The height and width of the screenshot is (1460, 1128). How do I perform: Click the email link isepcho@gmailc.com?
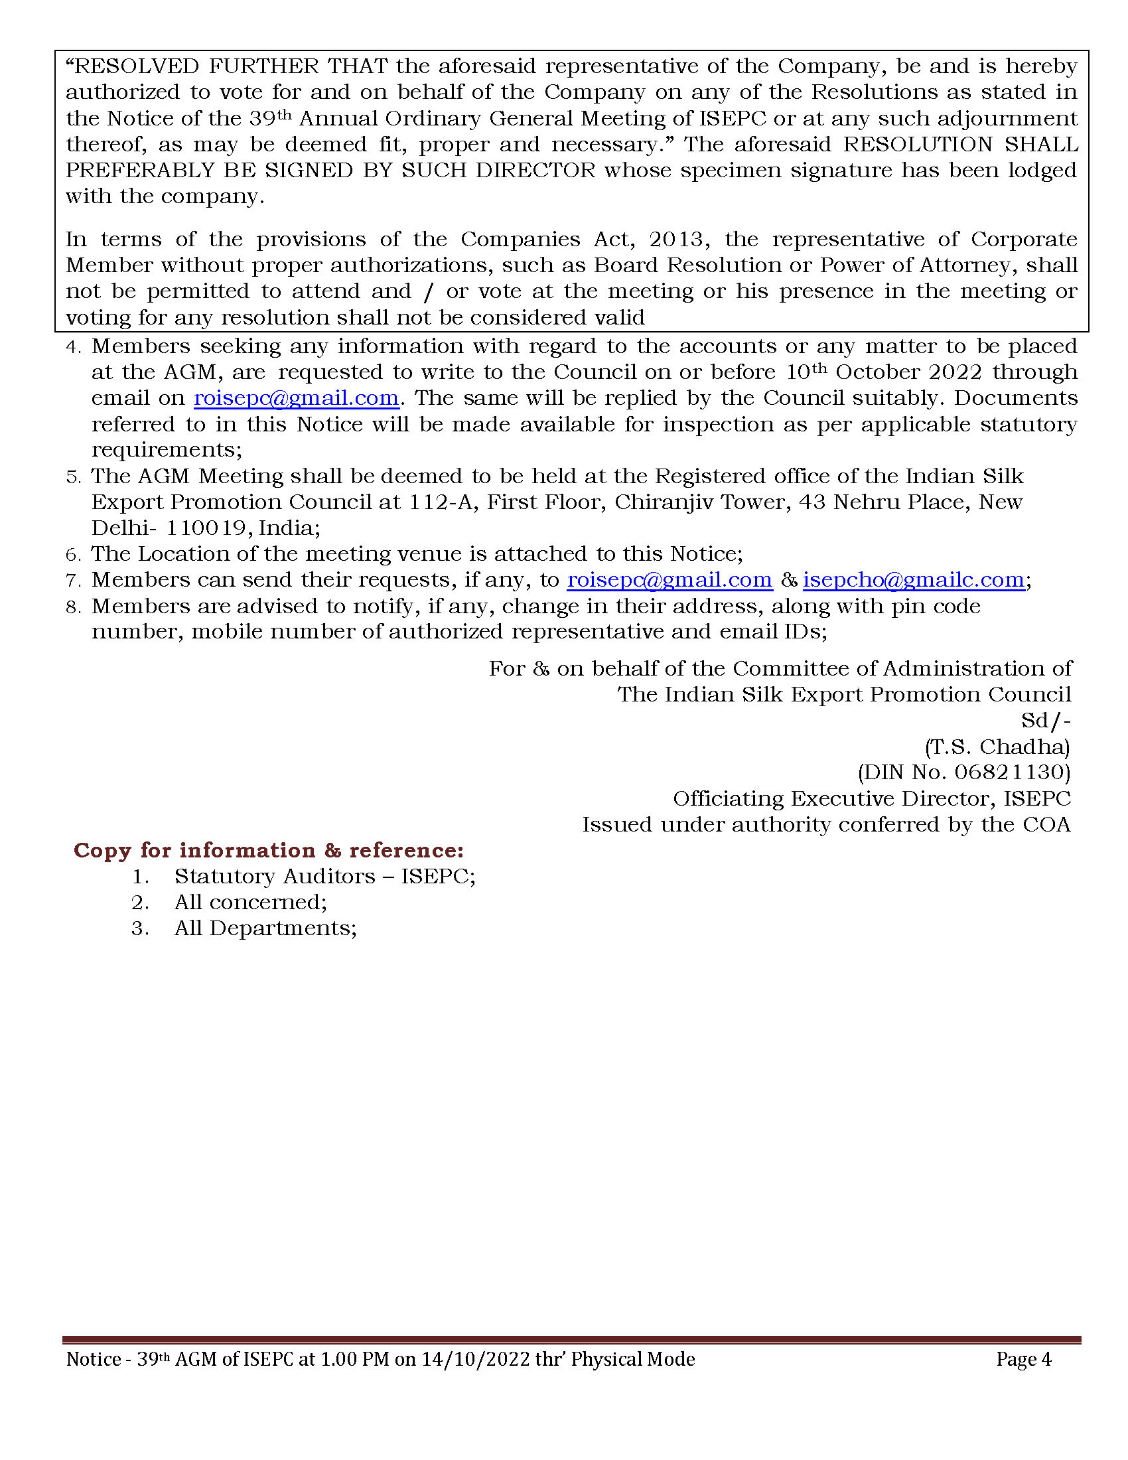pyautogui.click(x=913, y=579)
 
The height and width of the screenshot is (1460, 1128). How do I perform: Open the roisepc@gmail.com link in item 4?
pyautogui.click(x=296, y=398)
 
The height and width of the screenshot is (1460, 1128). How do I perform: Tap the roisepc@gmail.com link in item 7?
pyautogui.click(x=670, y=579)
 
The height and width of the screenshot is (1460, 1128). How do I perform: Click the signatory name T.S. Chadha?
pyautogui.click(x=997, y=747)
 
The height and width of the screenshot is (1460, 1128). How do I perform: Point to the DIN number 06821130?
pyautogui.click(x=1012, y=772)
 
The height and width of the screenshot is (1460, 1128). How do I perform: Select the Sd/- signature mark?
pyautogui.click(x=1046, y=721)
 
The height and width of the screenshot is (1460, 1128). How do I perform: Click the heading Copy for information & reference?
pyautogui.click(x=269, y=850)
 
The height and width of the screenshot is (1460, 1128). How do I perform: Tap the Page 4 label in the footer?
pyautogui.click(x=1023, y=1359)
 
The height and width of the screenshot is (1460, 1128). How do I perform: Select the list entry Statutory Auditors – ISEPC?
pyautogui.click(x=324, y=877)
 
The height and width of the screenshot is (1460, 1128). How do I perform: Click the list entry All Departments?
pyautogui.click(x=265, y=928)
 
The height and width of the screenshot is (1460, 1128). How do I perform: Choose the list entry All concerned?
pyautogui.click(x=251, y=903)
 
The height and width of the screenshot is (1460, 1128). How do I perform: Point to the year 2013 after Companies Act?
pyautogui.click(x=675, y=240)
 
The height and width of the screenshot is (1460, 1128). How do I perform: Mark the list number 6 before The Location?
pyautogui.click(x=73, y=555)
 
